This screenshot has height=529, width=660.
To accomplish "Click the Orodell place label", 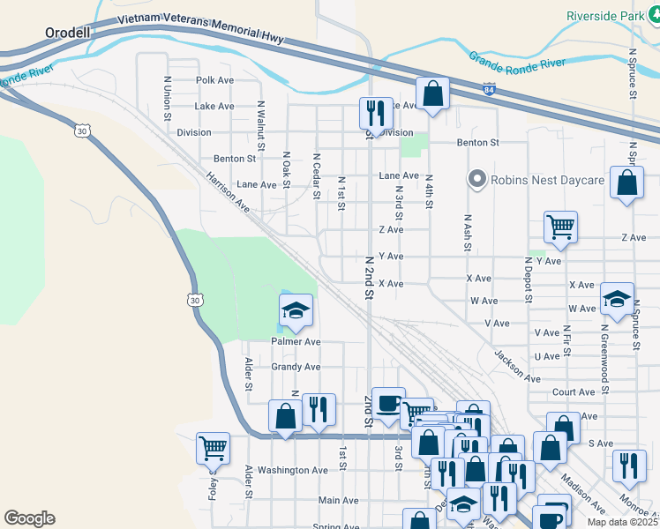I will click(67, 33).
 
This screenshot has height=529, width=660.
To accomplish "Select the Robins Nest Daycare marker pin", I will click(477, 180).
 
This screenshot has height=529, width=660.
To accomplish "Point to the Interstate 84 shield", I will click(490, 89).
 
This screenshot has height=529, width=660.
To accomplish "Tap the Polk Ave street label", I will click(214, 80).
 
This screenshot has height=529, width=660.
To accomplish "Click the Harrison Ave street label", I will click(228, 191).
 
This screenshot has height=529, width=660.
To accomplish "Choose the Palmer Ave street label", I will click(296, 341).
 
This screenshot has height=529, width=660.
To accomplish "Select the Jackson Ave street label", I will click(516, 366).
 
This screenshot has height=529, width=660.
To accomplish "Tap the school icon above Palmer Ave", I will click(296, 309).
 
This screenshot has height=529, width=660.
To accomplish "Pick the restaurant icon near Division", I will click(375, 113).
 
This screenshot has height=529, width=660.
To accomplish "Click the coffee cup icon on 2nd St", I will click(388, 404).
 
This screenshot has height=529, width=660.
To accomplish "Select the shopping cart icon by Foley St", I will click(214, 448).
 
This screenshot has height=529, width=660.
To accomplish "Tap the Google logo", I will click(29, 518).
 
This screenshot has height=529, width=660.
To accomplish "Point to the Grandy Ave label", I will click(296, 367).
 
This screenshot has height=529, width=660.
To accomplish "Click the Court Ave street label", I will click(574, 392).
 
